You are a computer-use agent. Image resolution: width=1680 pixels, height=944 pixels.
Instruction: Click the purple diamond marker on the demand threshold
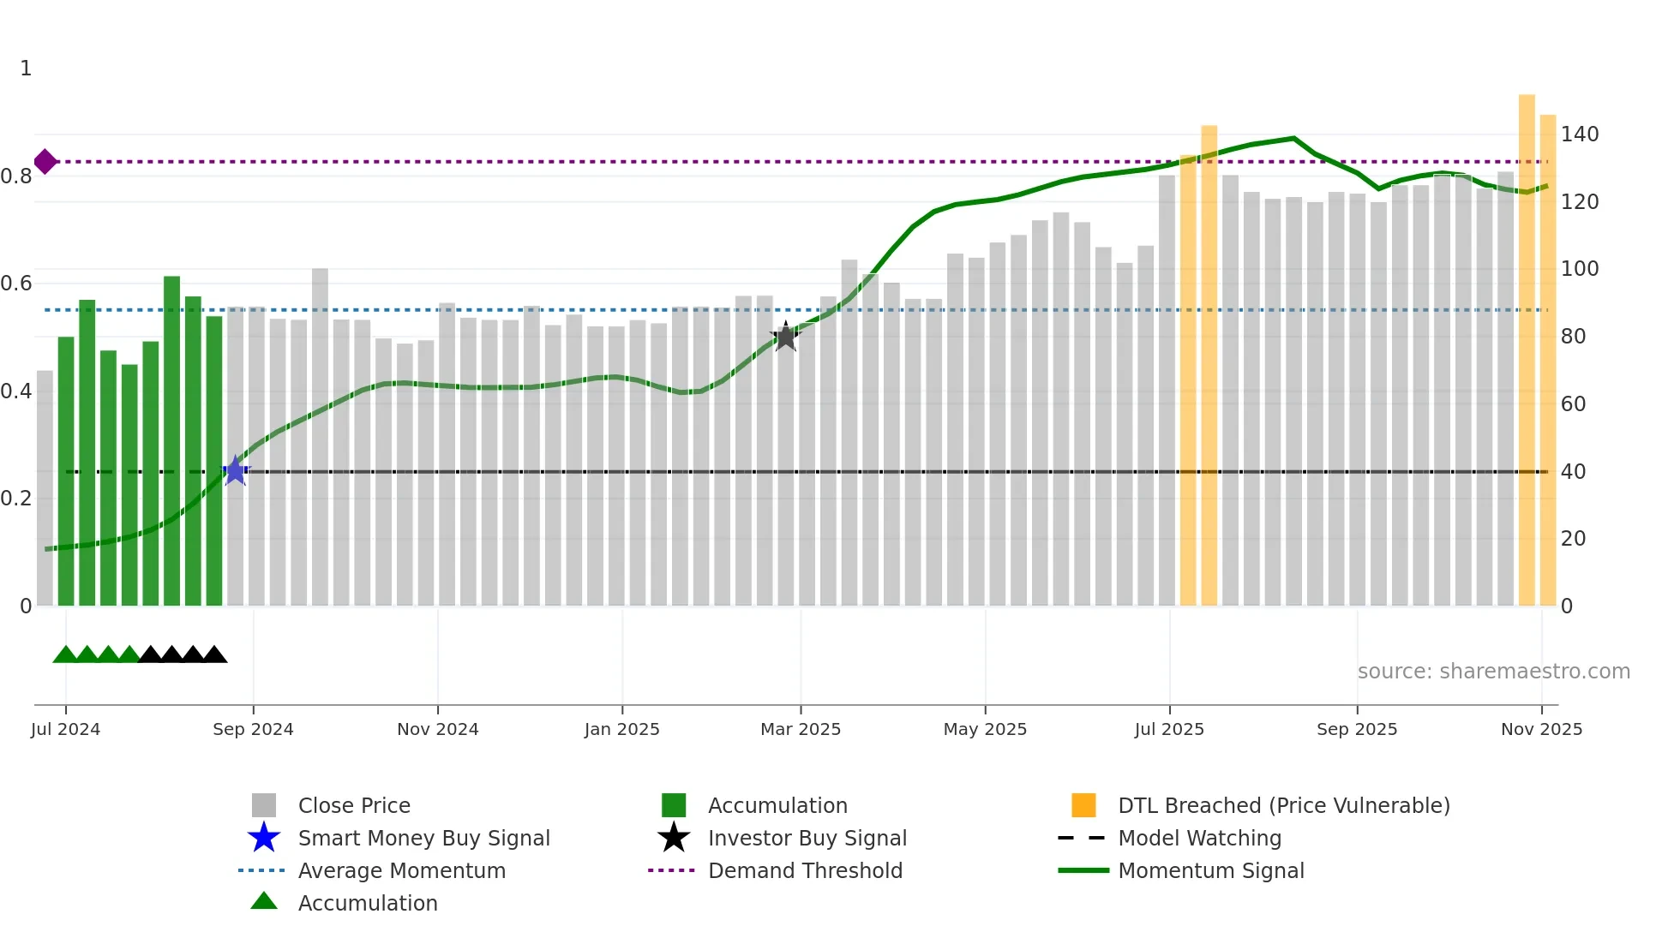click(x=45, y=161)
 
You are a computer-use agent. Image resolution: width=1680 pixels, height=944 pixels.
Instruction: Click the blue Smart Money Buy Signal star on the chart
click(x=236, y=471)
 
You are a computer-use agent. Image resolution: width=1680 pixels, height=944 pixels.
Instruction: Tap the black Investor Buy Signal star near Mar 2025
click(x=785, y=337)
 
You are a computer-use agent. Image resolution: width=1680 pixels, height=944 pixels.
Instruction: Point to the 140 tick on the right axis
click(x=1579, y=134)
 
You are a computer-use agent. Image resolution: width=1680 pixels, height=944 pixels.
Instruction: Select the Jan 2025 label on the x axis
click(x=621, y=729)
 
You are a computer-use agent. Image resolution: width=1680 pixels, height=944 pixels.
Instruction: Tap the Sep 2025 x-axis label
click(x=1356, y=729)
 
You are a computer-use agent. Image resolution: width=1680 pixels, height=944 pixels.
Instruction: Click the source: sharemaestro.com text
click(x=1493, y=672)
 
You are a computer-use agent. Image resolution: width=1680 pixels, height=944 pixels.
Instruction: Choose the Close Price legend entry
click(x=354, y=805)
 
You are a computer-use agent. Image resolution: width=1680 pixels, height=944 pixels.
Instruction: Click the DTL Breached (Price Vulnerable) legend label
click(x=1283, y=805)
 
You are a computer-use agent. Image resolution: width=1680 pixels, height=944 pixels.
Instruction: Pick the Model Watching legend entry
click(x=1199, y=838)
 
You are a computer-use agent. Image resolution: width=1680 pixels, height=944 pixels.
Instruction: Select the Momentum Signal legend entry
click(x=1210, y=870)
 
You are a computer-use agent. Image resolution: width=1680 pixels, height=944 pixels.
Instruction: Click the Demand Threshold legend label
click(x=805, y=870)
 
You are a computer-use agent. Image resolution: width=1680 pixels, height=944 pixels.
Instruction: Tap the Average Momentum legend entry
click(x=401, y=870)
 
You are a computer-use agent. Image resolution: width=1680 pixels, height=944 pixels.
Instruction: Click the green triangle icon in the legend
click(x=264, y=901)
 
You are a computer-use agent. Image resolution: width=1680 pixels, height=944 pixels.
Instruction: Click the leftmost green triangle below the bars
click(x=65, y=655)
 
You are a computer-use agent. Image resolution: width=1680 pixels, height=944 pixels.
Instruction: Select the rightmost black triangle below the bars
click(x=214, y=655)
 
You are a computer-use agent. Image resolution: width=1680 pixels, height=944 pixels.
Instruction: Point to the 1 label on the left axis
click(x=26, y=69)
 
